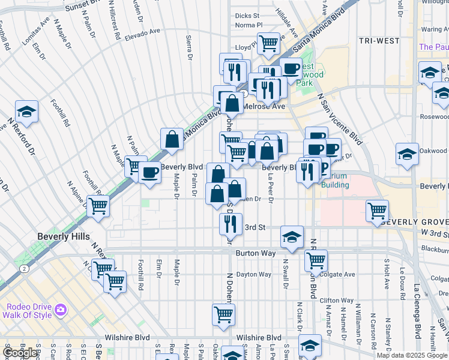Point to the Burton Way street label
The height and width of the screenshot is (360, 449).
pyautogui.click(x=256, y=254)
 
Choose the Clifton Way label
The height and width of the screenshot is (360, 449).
pyautogui.click(x=337, y=301)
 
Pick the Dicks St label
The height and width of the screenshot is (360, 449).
pyautogui.click(x=247, y=16)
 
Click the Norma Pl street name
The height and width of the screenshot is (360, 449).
pyautogui.click(x=249, y=25)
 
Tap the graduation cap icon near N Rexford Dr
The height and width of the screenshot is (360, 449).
pyautogui.click(x=26, y=112)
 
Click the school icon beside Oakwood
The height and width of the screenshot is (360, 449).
pyautogui.click(x=407, y=154)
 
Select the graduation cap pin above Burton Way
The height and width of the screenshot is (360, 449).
pyautogui.click(x=292, y=237)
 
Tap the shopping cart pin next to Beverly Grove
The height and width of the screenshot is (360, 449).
pyautogui.click(x=377, y=211)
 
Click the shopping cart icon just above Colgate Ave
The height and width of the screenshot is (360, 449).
pyautogui.click(x=315, y=260)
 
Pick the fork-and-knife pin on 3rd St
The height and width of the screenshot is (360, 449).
pyautogui.click(x=231, y=224)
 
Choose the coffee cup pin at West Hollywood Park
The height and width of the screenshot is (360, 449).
pyautogui.click(x=291, y=68)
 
